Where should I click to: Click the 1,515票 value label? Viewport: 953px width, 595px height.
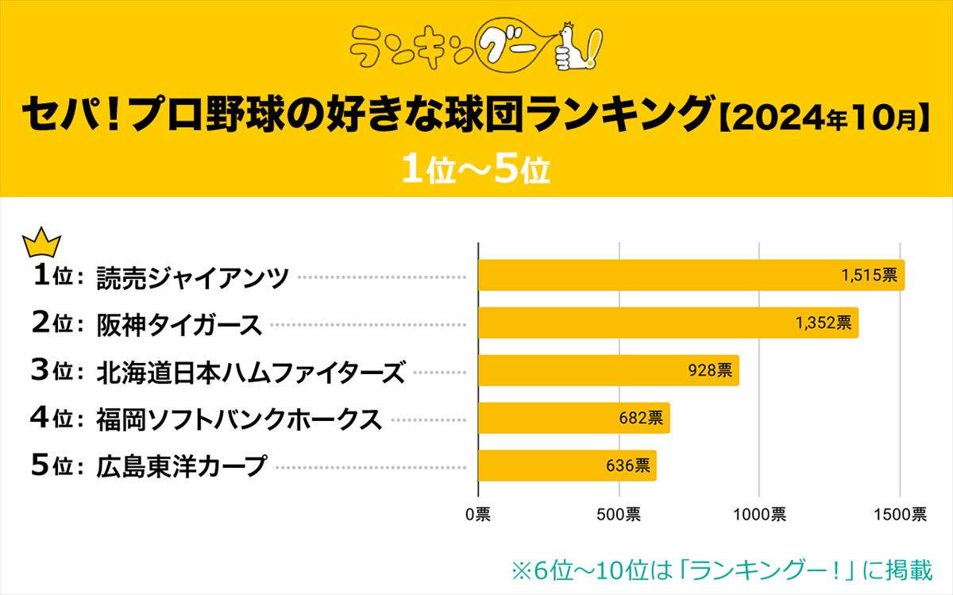pyautogui.click(x=869, y=275)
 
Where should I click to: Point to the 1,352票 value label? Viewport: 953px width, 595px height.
pyautogui.click(x=823, y=323)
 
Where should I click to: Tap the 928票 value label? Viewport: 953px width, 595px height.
pyautogui.click(x=710, y=370)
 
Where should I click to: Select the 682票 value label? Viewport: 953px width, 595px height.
pyautogui.click(x=641, y=418)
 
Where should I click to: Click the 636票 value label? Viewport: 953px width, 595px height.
pyautogui.click(x=627, y=465)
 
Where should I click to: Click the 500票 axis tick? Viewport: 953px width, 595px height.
pyautogui.click(x=618, y=514)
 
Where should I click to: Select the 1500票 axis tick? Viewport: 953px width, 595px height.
pyautogui.click(x=900, y=514)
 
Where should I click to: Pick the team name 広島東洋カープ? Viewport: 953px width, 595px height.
pyautogui.click(x=181, y=466)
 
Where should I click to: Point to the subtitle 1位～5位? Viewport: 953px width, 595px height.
pyautogui.click(x=476, y=168)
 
